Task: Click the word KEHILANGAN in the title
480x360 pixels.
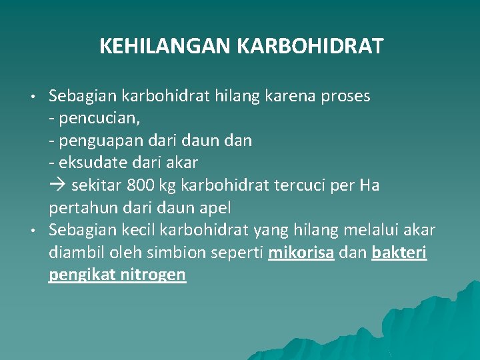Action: (165, 46)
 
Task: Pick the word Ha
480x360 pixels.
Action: (369, 185)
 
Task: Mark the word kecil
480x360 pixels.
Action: (139, 230)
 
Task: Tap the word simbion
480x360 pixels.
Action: (176, 253)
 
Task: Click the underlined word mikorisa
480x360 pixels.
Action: (301, 253)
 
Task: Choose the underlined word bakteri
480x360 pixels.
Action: (399, 253)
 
